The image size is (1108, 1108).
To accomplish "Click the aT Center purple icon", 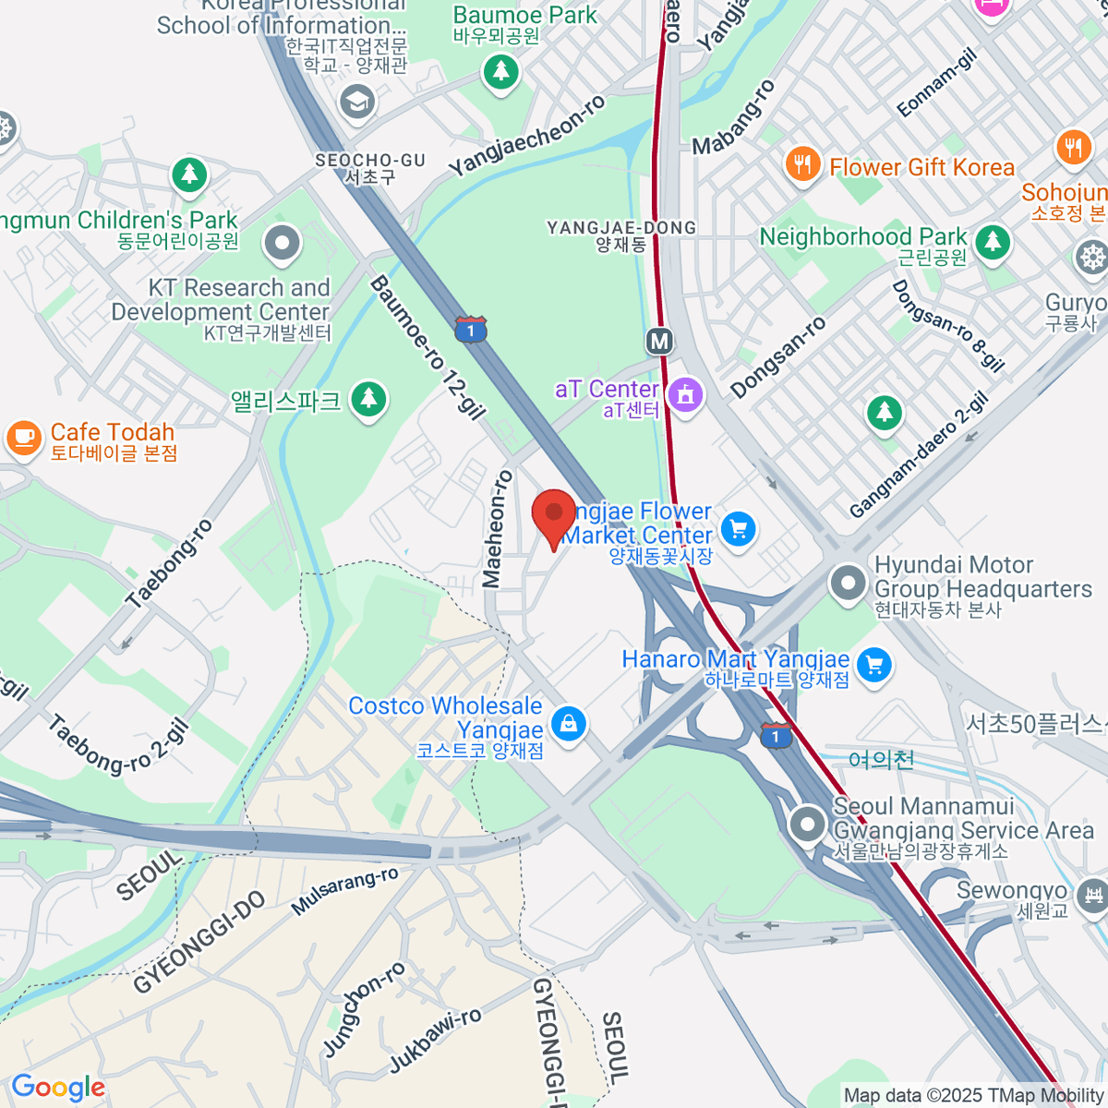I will coord(685,395).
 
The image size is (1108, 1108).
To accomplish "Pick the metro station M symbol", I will coord(658,342).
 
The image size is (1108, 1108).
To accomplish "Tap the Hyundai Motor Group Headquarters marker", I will coord(847,584).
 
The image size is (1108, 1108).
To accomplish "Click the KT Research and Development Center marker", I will coord(282,245).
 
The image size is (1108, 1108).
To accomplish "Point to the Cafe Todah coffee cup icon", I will coord(23,438).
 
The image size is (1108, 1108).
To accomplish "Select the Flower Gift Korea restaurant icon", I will coord(803,164).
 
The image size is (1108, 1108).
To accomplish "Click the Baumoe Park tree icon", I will coord(500,70).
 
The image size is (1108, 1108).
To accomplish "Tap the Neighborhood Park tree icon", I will coord(993,242).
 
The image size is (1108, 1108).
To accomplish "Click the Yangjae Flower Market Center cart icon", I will coord(738,528).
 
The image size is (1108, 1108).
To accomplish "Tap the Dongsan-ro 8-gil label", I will coord(947,325).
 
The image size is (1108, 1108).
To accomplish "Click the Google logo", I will coord(58,1088).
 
